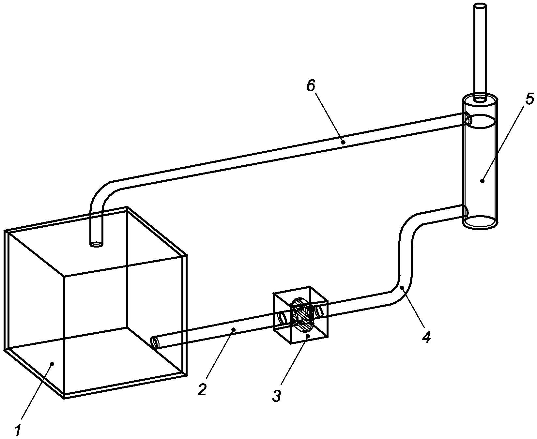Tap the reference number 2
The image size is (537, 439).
[x=203, y=389]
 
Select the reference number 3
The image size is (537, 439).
[x=277, y=395]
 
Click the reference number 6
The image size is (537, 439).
[x=311, y=86]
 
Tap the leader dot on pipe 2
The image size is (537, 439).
[x=233, y=330]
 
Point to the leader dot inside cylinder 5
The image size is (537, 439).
[x=482, y=180]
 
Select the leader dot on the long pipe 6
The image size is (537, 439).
[x=343, y=142]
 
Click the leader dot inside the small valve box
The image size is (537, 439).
[x=308, y=335]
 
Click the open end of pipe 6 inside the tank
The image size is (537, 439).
[x=96, y=243]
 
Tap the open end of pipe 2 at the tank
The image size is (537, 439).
[x=154, y=343]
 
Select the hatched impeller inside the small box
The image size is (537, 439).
[x=302, y=315]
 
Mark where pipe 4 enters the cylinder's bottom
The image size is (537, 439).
[x=466, y=211]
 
